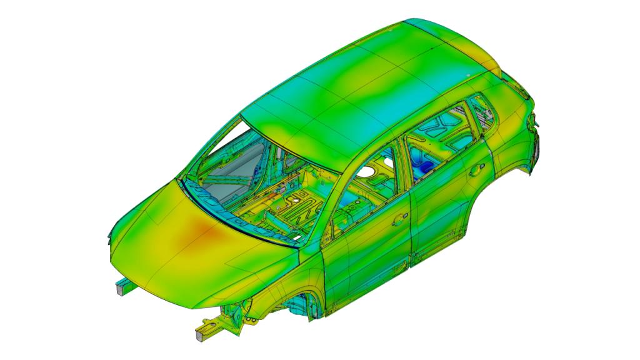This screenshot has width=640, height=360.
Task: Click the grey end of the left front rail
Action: pyautogui.click(x=118, y=289)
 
